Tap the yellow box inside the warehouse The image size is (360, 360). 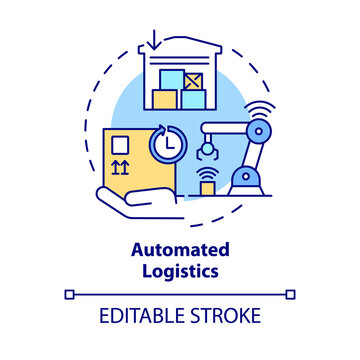[164, 99]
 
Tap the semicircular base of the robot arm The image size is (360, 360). [245, 179]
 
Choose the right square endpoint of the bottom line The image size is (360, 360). [292, 294]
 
